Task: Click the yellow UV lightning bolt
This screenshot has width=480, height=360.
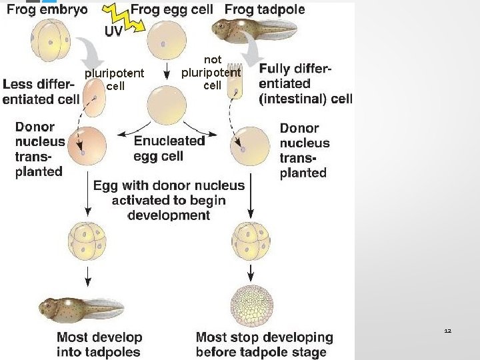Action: pos(125,19)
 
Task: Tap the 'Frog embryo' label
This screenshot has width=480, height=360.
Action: pos(47,10)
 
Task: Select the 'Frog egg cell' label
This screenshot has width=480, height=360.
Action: pos(172,10)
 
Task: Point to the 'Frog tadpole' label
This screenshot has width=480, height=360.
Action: pos(265,10)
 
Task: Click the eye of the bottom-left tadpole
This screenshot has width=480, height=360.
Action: pos(48,305)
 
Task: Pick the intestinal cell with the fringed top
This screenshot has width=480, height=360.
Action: pos(235,81)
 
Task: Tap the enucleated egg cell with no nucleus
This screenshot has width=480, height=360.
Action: pos(167,105)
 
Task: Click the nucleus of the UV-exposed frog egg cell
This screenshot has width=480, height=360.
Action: pos(163,44)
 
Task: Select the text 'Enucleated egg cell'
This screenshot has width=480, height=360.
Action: pos(169,149)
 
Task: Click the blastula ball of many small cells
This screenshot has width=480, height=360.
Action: pos(251,306)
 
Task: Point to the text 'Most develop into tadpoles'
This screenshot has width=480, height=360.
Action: pos(99,345)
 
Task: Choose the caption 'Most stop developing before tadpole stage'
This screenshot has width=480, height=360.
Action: pos(265,345)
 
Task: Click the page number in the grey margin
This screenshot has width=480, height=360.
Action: pos(448,331)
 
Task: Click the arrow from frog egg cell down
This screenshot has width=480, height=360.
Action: pos(167,71)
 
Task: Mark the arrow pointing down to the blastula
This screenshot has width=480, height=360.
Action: pos(251,273)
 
